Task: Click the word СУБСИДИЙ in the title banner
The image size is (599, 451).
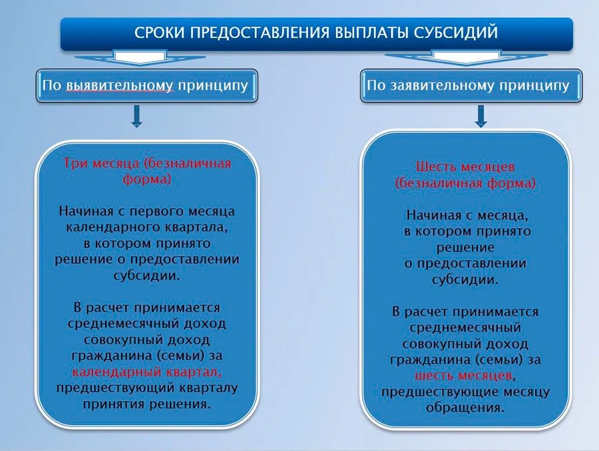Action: click(456, 33)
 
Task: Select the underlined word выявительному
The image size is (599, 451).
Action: click(120, 86)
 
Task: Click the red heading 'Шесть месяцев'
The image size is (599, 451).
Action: click(465, 167)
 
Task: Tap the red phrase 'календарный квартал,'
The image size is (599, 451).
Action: click(146, 372)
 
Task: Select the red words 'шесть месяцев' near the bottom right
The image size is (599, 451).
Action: click(463, 375)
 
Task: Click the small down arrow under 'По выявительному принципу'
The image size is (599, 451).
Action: click(136, 116)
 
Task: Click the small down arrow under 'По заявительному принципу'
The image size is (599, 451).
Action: click(481, 116)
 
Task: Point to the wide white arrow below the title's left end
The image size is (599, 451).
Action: click(140, 57)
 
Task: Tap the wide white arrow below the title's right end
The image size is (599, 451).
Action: click(466, 57)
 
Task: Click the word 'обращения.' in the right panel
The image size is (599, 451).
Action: click(465, 408)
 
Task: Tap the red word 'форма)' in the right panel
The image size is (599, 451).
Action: click(511, 184)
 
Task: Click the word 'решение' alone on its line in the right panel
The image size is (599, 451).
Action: click(465, 247)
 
